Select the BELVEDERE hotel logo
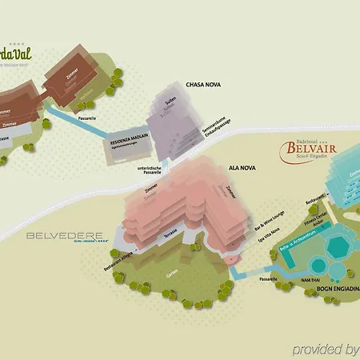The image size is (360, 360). coord(66,236)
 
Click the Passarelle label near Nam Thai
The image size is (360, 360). coord(267,280)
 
